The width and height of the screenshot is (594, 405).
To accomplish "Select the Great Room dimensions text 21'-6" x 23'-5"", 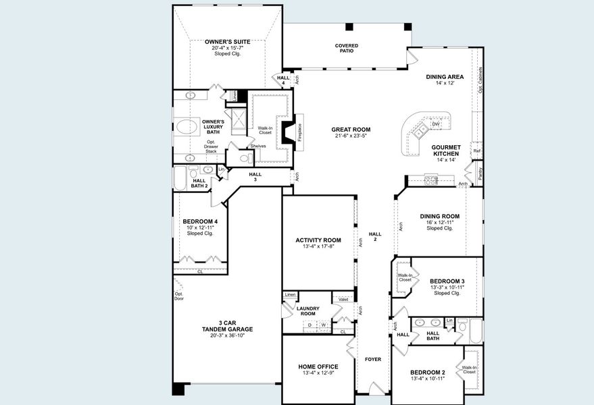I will click(351, 136).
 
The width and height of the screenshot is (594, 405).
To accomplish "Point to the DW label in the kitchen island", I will click(436, 124).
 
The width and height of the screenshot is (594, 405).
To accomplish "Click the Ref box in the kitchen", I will click(477, 151).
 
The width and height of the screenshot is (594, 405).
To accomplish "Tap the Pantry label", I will click(479, 173).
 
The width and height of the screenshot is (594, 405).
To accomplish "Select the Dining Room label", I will click(440, 217).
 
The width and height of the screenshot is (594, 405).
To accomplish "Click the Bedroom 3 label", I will click(447, 281).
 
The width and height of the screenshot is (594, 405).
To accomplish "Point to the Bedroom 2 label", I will click(428, 373).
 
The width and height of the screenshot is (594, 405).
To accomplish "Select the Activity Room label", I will click(318, 240).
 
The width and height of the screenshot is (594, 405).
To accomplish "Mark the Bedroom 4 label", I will click(200, 221).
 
